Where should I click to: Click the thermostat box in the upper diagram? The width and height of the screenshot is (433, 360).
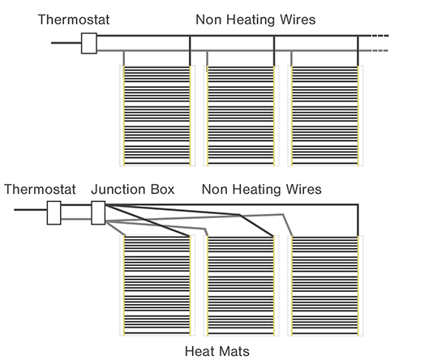pyautogui.click(x=89, y=43)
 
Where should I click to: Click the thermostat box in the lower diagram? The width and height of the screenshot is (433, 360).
pyautogui.click(x=54, y=212)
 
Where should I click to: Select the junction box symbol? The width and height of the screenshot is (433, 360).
pyautogui.click(x=98, y=212)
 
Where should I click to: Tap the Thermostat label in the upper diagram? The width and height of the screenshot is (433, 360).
pyautogui.click(x=74, y=19)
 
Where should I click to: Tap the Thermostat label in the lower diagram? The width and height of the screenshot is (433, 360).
pyautogui.click(x=40, y=190)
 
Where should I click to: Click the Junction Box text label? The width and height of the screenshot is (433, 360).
pyautogui.click(x=133, y=190)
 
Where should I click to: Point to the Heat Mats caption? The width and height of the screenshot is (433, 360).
pyautogui.click(x=217, y=351)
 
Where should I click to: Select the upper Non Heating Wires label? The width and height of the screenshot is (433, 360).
pyautogui.click(x=255, y=19)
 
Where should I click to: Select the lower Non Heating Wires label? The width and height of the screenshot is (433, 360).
pyautogui.click(x=262, y=190)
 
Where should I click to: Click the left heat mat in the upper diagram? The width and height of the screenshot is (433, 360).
pyautogui.click(x=157, y=116)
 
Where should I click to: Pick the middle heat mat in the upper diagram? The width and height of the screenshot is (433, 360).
pyautogui.click(x=241, y=116)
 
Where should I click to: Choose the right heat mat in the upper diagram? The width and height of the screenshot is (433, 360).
pyautogui.click(x=325, y=116)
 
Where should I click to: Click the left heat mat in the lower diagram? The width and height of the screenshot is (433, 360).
pyautogui.click(x=157, y=285)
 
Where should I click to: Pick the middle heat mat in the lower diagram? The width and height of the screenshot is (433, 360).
pyautogui.click(x=241, y=285)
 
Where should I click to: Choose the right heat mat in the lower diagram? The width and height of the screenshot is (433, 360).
pyautogui.click(x=325, y=285)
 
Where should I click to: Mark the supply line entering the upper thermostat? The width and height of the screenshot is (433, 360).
pyautogui.click(x=66, y=43)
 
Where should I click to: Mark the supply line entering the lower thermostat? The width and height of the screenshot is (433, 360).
pyautogui.click(x=31, y=210)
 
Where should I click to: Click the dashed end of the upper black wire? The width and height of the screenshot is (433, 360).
pyautogui.click(x=379, y=36)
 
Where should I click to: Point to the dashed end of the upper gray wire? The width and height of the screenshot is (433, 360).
pyautogui.click(x=379, y=50)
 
